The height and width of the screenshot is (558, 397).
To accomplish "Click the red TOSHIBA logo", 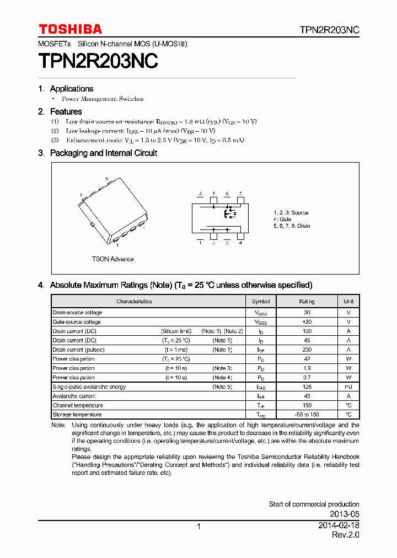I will pos(70,29).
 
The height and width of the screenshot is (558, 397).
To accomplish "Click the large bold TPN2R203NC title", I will pos(98,61).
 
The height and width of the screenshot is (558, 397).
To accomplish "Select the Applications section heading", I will pos(71,89).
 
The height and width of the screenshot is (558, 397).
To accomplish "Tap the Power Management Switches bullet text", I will pos(103,99).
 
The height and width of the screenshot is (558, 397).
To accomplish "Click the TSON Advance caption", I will pos(112,259).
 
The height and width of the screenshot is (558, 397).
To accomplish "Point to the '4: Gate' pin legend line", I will pos(283,219).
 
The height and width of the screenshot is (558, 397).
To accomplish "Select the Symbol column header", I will pos(260,302).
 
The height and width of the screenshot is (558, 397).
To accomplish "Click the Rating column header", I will pos(307,302).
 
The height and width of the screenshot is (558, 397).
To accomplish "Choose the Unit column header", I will pos(348,302).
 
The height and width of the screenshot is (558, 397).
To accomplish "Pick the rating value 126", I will pos(307,387).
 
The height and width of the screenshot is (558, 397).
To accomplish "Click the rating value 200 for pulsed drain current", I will pos(307,350).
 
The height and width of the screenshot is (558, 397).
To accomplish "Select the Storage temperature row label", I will pos(77,415).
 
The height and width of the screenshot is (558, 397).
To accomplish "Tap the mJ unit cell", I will pos(348,387).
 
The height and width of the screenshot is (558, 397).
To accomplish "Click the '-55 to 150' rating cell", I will pos(307,415).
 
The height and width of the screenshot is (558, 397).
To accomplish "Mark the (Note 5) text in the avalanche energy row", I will pos(222,387).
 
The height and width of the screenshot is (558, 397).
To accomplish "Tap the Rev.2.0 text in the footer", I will pos(346,535).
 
